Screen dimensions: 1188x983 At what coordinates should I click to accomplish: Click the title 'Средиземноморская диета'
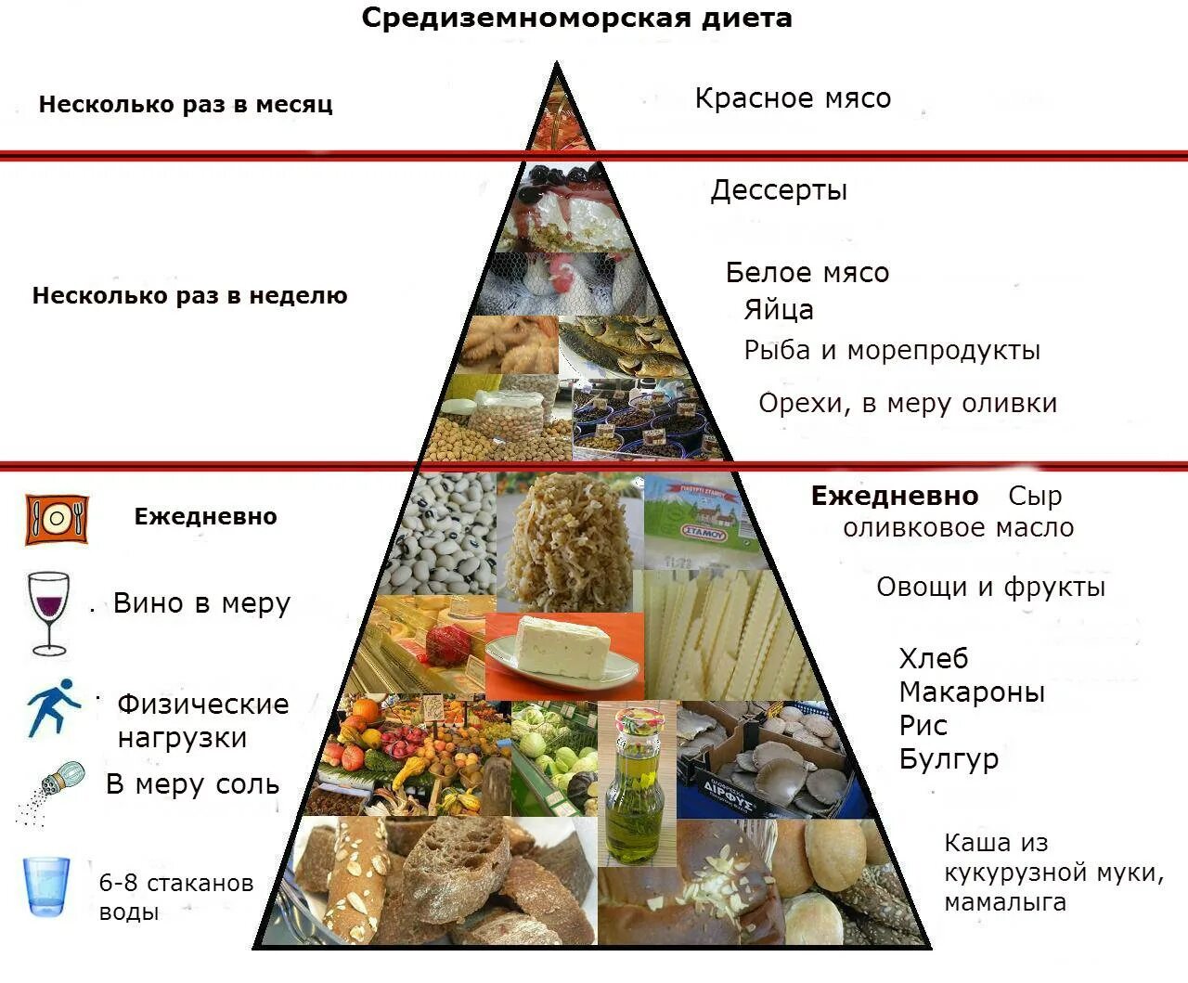click(x=576, y=18)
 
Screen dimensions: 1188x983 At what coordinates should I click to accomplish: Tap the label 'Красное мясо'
click(x=793, y=97)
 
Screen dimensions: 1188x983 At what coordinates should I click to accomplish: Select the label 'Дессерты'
click(x=779, y=190)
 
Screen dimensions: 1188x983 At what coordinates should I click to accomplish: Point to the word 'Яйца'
click(x=779, y=310)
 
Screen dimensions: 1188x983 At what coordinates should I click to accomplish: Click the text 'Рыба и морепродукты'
click(x=892, y=350)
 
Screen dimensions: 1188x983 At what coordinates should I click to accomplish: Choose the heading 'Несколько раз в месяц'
click(x=186, y=104)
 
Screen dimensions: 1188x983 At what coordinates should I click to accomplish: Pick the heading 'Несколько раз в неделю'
click(x=190, y=296)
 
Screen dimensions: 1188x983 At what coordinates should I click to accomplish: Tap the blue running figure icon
click(x=51, y=707)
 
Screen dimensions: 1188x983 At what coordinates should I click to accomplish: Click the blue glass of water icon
click(x=46, y=886)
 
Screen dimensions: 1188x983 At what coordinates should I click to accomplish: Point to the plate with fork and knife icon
click(x=57, y=519)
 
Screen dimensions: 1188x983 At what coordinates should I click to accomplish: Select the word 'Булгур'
click(x=949, y=759)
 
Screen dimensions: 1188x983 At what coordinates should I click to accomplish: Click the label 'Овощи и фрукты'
click(x=990, y=588)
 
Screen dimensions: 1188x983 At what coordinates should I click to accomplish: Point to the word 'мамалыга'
click(x=1005, y=902)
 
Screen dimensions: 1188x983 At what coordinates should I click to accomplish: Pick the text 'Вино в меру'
click(x=201, y=603)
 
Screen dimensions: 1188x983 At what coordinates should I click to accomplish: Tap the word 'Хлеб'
click(x=933, y=659)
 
